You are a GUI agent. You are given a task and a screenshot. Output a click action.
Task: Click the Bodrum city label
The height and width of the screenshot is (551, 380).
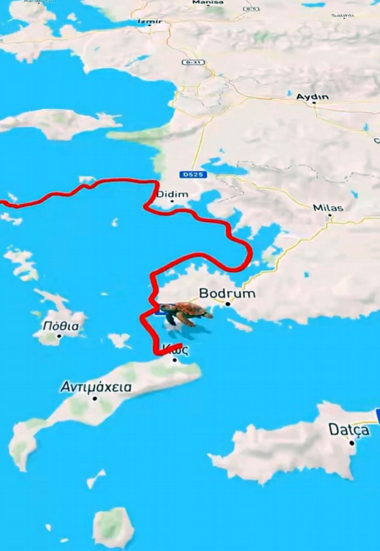[227, 293]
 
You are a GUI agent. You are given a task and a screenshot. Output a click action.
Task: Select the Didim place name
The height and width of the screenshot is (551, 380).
[172, 194]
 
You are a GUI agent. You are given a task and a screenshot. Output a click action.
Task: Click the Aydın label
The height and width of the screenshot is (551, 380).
[313, 96]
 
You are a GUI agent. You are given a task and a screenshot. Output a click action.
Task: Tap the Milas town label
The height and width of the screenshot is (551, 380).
[328, 208]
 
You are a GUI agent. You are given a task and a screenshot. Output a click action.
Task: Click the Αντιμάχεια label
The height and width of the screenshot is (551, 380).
[96, 387]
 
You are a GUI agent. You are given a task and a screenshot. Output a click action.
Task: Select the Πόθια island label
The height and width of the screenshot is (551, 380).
[61, 326]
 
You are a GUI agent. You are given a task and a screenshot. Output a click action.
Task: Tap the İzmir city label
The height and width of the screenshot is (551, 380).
[150, 21]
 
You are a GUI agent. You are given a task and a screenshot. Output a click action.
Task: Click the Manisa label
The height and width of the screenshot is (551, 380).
[208, 3]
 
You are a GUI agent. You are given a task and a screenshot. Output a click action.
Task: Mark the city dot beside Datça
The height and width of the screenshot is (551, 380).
[352, 443]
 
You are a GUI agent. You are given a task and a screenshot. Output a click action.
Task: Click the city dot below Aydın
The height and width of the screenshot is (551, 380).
[314, 103]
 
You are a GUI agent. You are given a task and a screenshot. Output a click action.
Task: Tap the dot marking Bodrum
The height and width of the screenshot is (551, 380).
[228, 304]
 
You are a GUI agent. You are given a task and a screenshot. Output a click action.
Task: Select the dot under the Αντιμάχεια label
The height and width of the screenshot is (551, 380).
[95, 399]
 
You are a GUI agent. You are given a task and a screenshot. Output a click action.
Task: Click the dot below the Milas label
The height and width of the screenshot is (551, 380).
[330, 215]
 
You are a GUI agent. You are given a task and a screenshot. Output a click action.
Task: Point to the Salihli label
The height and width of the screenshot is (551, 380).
[342, 16]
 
